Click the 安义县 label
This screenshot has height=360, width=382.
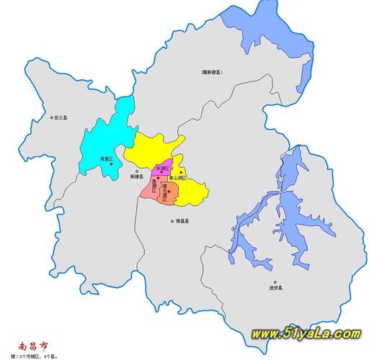pyautogui.click(x=59, y=118)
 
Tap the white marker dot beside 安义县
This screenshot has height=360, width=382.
pyautogui.click(x=50, y=118)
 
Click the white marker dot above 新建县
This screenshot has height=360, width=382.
pyautogui.click(x=137, y=171)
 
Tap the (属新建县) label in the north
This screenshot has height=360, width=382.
pyautogui.click(x=211, y=72)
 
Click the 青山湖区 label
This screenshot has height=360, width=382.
pyautogui.click(x=178, y=178)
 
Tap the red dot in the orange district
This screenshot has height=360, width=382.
pyautogui.click(x=169, y=191)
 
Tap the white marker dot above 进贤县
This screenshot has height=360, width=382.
pyautogui.click(x=275, y=282)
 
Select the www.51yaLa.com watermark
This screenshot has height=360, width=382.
pyautogui.click(x=306, y=333)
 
